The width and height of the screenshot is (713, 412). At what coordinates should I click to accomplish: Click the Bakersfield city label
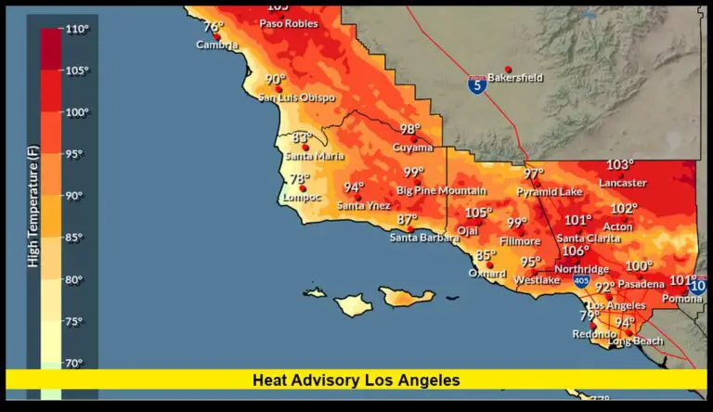tap(515, 78)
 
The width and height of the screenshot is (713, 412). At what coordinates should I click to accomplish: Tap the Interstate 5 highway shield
tap(476, 85)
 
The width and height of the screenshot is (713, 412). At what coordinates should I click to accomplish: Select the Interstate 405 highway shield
tap(581, 280)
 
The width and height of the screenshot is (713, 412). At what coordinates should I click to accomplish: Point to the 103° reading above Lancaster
tap(620, 165)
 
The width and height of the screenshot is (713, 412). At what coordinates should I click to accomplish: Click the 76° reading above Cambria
tap(214, 27)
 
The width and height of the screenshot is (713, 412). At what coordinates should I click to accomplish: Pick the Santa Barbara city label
tap(424, 238)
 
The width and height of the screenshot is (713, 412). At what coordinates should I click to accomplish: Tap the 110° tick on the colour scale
tap(77, 30)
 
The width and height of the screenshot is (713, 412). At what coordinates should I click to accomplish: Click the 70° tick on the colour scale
tap(73, 363)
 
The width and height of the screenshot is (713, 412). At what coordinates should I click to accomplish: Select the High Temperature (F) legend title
tap(32, 213)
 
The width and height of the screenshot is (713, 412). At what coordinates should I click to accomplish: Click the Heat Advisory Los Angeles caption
tap(356, 380)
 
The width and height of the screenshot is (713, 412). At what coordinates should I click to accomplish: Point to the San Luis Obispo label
tap(296, 97)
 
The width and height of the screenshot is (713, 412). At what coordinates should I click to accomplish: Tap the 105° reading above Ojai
tap(479, 212)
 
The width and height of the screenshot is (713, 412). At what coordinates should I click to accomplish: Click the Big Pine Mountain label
tap(441, 190)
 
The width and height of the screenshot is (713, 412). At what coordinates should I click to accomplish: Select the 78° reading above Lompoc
tap(299, 180)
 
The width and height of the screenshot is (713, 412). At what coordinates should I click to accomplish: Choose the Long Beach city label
tap(636, 341)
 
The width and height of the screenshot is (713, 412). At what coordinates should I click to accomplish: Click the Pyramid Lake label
tap(550, 192)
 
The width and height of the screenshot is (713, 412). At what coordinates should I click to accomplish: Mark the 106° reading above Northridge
tap(575, 251)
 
